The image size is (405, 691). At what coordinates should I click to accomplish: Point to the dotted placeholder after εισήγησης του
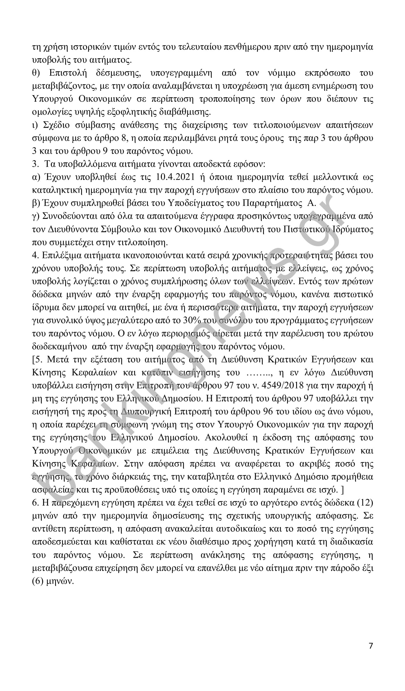click(x=257, y=373)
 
